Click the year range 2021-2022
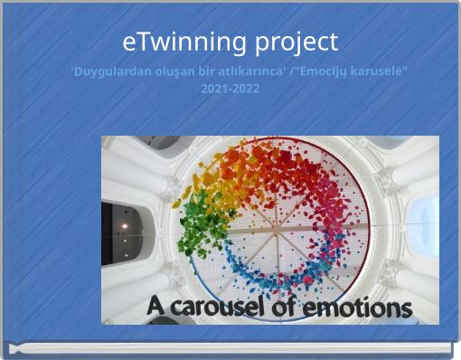pos(230,89)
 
